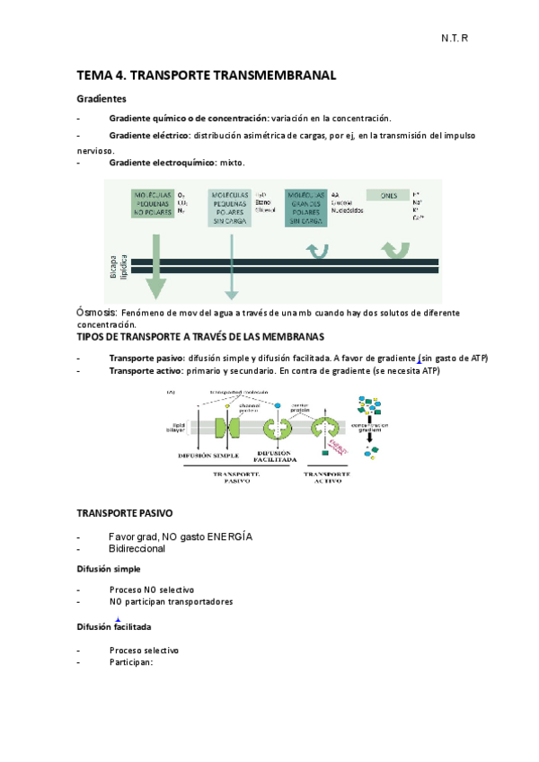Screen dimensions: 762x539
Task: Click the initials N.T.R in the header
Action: (455, 40)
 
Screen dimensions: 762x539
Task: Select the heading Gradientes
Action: (102, 98)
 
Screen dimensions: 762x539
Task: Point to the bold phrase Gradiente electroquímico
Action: (162, 163)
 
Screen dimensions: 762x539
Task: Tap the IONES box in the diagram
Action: (388, 194)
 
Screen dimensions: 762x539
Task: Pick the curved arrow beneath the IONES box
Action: (393, 249)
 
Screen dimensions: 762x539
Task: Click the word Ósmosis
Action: (96, 311)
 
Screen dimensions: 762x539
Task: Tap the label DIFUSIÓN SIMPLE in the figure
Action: (208, 456)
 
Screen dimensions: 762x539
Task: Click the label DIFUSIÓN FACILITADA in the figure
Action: (272, 456)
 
